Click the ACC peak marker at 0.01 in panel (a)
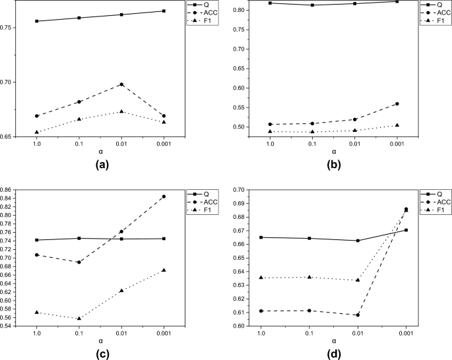click(x=121, y=84)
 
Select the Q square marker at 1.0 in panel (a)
click(x=37, y=21)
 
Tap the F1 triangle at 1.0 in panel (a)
click(x=37, y=132)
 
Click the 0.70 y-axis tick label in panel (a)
click(x=14, y=82)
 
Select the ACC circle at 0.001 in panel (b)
click(x=397, y=104)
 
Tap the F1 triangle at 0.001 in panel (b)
click(x=397, y=125)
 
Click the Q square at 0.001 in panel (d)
click(x=406, y=230)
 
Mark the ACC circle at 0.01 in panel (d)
click(x=358, y=315)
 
